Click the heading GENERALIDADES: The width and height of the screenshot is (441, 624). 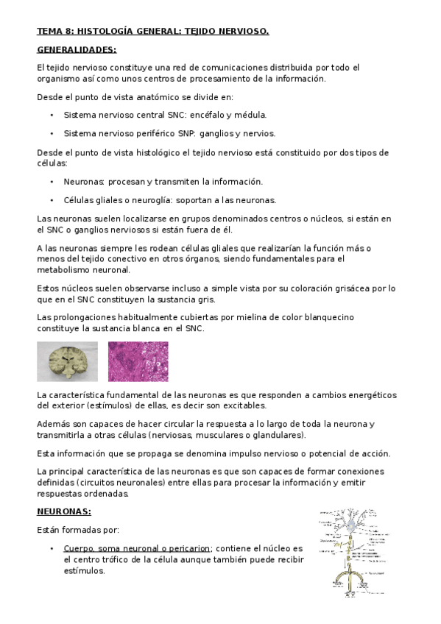pyautogui.click(x=77, y=49)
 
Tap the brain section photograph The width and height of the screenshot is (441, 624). pyautogui.click(x=67, y=361)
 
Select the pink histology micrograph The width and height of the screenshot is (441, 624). pyautogui.click(x=138, y=361)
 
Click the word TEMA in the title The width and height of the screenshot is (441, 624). pyautogui.click(x=50, y=31)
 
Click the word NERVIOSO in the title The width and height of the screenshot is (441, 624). pyautogui.click(x=242, y=31)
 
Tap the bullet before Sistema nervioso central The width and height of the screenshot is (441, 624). pyautogui.click(x=52, y=116)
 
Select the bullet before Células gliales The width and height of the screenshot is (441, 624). pyautogui.click(x=52, y=200)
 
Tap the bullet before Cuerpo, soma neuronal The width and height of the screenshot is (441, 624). pyautogui.click(x=52, y=549)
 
